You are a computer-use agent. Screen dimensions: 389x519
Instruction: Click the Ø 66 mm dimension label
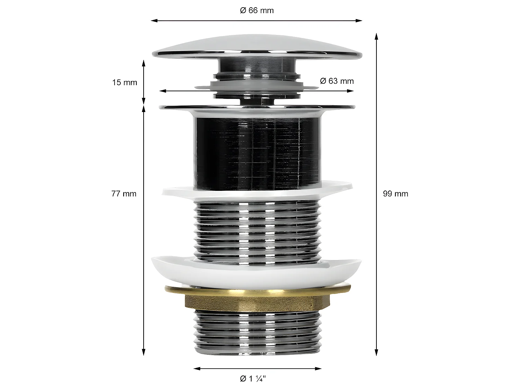257,11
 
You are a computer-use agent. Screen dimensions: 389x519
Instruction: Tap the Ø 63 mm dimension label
337,81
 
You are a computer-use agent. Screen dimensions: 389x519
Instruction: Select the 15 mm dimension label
125,83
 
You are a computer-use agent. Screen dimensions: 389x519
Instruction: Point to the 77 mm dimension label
124,194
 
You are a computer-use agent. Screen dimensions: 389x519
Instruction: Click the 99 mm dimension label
395,194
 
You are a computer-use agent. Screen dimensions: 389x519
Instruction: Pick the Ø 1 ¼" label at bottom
253,379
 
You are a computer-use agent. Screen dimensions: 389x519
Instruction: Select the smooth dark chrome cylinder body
257,152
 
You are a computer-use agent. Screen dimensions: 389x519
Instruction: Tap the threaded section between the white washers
257,228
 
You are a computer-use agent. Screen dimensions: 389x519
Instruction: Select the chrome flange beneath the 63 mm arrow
257,107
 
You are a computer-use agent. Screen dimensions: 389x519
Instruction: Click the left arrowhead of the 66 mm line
153,21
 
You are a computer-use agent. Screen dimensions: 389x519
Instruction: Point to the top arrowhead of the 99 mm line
376,35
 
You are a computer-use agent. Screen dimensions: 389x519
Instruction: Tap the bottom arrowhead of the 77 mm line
144,353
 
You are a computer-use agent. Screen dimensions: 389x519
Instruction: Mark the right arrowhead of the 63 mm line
352,91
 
